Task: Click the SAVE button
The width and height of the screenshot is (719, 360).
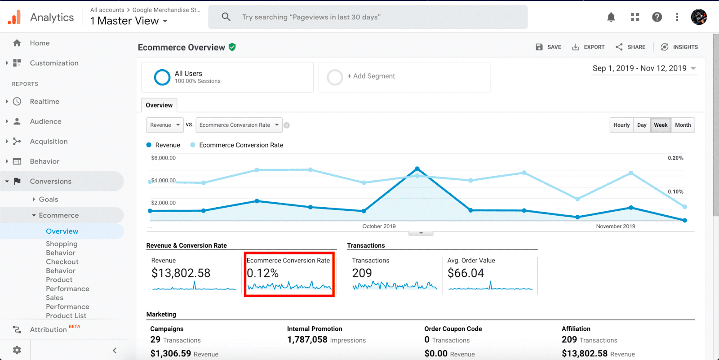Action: click(x=548, y=47)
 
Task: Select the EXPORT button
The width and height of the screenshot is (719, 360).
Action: click(x=588, y=47)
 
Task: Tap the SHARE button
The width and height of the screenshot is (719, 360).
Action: click(x=630, y=47)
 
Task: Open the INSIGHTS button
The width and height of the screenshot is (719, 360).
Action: click(x=679, y=47)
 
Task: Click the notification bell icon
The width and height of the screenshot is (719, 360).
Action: click(x=611, y=18)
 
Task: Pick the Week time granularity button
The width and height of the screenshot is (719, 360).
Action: click(x=661, y=125)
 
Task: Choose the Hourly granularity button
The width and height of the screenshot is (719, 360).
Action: click(x=621, y=125)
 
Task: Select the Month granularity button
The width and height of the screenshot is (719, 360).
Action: click(x=683, y=125)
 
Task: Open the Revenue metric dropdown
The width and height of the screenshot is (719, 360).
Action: click(x=165, y=125)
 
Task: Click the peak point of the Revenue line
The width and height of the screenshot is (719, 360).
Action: click(x=417, y=169)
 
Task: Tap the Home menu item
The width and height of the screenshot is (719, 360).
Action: click(x=40, y=43)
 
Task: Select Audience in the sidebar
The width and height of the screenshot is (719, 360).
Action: click(x=45, y=121)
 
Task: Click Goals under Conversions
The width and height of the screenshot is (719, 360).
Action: click(x=49, y=200)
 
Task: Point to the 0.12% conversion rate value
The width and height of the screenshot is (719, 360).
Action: click(x=263, y=273)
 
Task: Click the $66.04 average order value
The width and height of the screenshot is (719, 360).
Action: click(x=466, y=273)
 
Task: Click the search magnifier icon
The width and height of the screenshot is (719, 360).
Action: click(x=226, y=17)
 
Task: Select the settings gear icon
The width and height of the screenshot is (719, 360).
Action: click(x=17, y=350)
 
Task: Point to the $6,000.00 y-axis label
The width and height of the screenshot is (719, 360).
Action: click(x=164, y=158)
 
